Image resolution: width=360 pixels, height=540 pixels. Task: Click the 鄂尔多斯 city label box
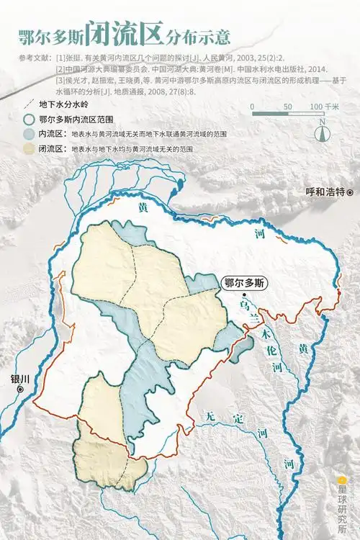pyautogui.click(x=244, y=282)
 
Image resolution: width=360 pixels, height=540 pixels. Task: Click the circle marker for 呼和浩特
pyautogui.click(x=351, y=193)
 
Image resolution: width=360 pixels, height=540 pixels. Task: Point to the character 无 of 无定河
pyautogui.click(x=209, y=416)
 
